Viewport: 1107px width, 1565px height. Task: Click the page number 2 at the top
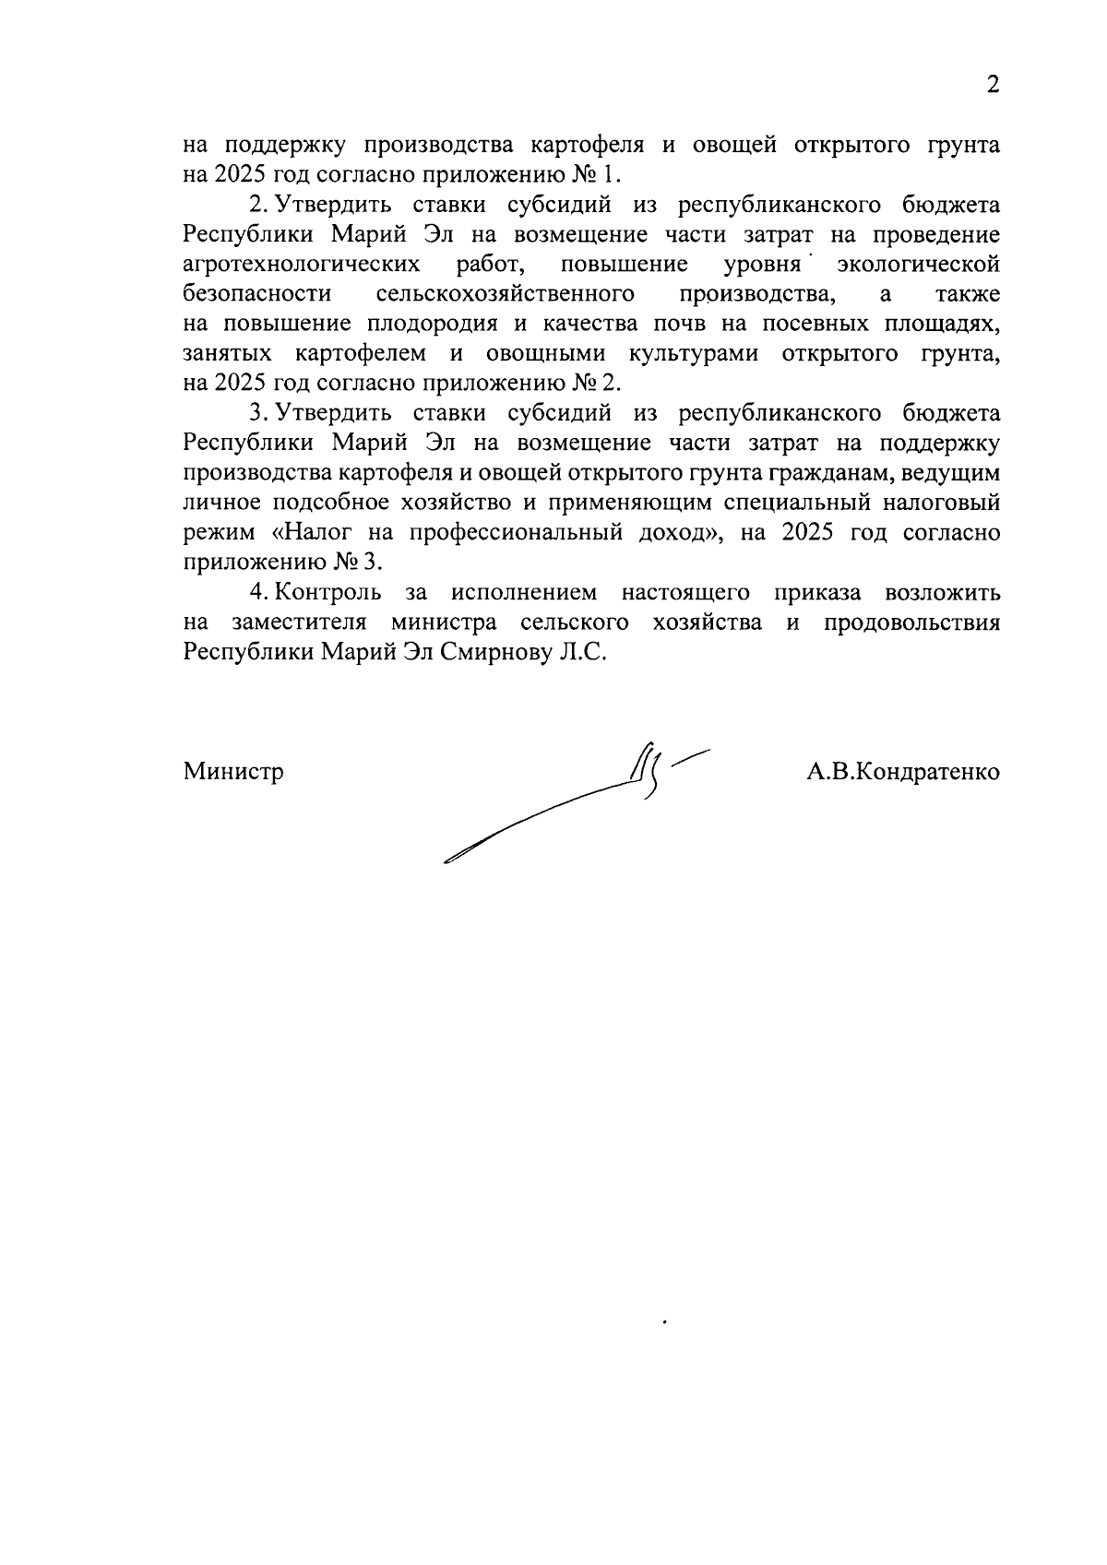point(993,85)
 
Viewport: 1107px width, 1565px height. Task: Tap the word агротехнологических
point(303,266)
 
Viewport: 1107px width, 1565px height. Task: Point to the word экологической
point(918,266)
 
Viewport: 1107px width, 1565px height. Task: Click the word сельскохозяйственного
point(506,295)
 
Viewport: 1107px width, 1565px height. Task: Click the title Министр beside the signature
point(233,772)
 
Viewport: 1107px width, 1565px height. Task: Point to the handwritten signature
point(590,802)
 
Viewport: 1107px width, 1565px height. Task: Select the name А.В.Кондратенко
point(902,772)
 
